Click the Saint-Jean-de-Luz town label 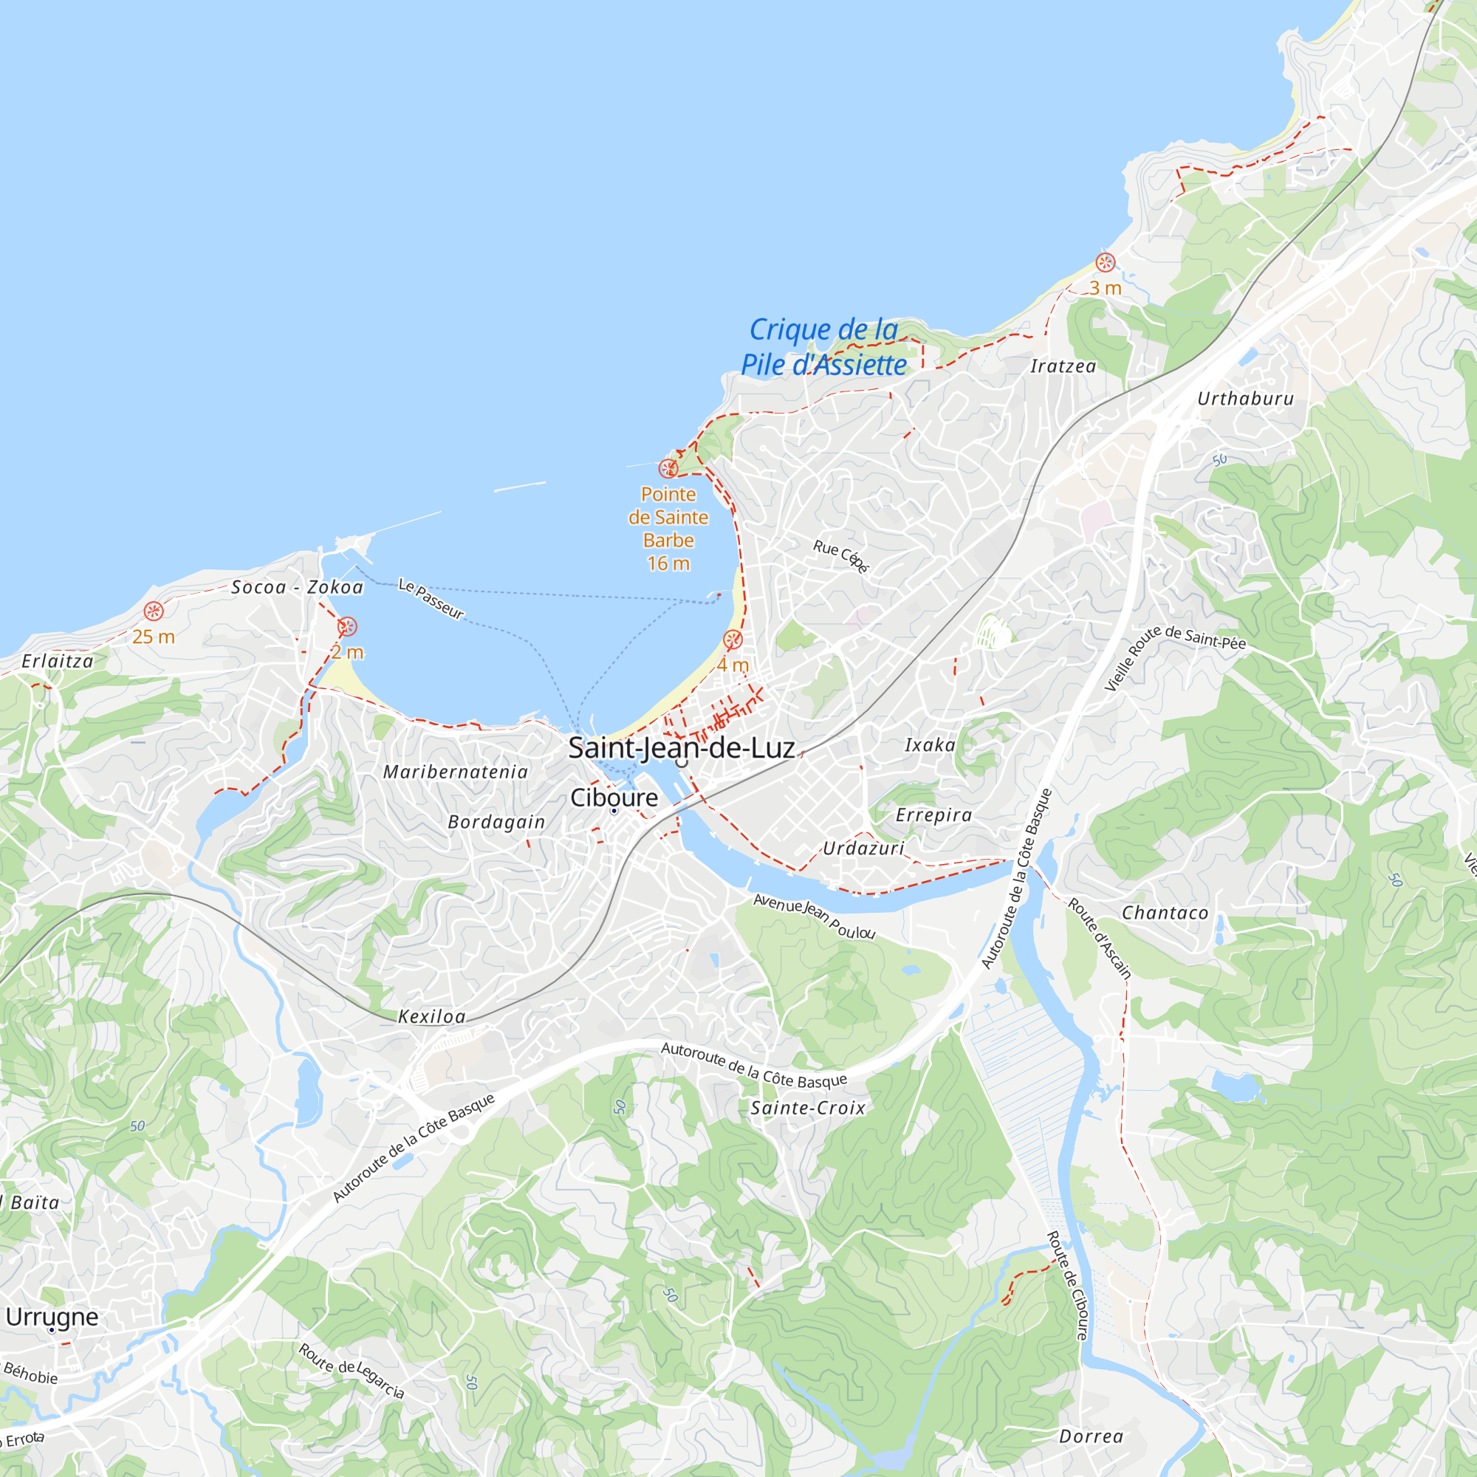tap(681, 747)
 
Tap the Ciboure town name tap(614, 798)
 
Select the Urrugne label tap(52, 1317)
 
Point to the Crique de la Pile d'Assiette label tap(823, 347)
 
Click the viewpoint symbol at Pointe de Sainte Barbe tap(668, 468)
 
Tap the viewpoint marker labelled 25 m tap(154, 611)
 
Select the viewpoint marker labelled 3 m tap(1105, 263)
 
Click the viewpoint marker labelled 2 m tap(347, 627)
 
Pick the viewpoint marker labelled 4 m tap(733, 639)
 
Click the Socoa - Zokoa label tap(298, 587)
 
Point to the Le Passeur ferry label tap(431, 600)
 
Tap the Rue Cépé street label tap(841, 556)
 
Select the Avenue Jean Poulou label tap(814, 916)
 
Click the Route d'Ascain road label tap(1100, 938)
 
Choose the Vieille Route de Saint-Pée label tap(1174, 655)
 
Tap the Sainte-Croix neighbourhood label tap(808, 1108)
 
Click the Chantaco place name tap(1165, 913)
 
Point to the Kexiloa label tap(432, 1017)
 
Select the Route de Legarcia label tap(351, 1371)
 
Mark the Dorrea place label tap(1091, 1436)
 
